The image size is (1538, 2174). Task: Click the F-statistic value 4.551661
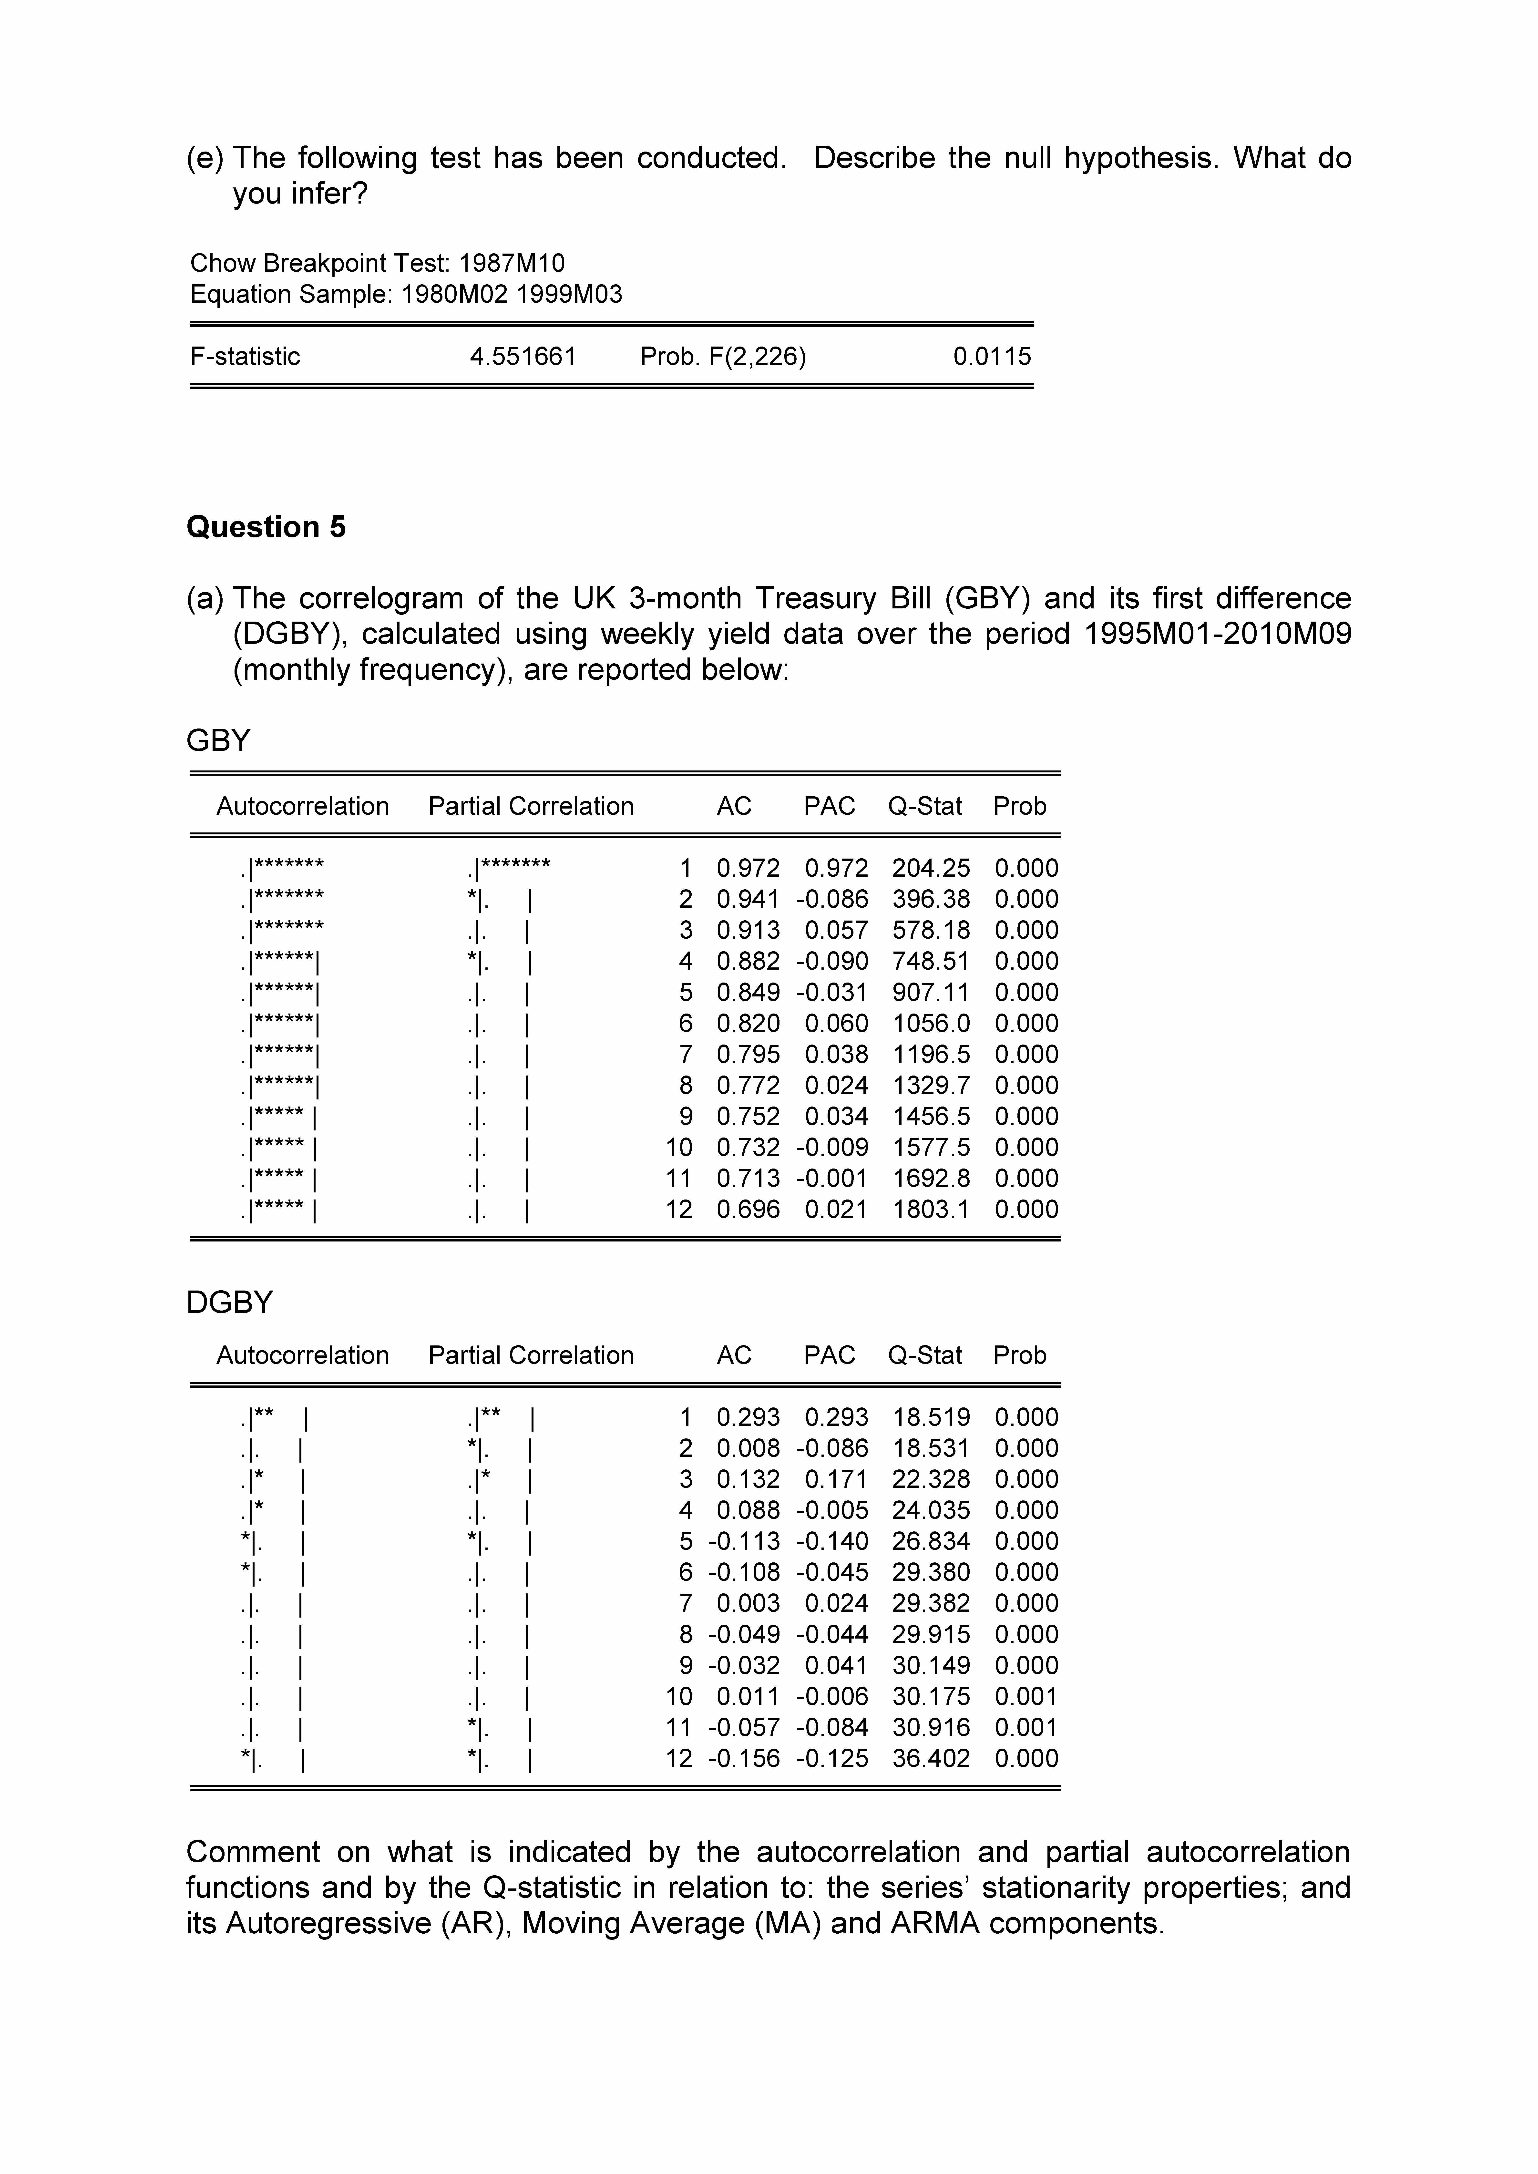[523, 357]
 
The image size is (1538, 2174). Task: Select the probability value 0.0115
[992, 357]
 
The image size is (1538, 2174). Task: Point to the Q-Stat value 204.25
[931, 868]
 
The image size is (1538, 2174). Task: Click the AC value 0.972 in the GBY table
[748, 868]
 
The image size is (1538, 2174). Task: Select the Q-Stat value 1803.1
[931, 1209]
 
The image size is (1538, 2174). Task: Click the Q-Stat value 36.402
[931, 1758]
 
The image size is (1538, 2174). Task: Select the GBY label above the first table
[218, 740]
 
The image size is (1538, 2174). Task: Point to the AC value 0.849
[748, 992]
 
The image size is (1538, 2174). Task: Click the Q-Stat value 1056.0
[931, 1024]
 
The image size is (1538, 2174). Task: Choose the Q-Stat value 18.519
[931, 1417]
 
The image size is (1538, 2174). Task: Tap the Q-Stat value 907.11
[931, 992]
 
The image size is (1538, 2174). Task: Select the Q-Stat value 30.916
[931, 1727]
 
